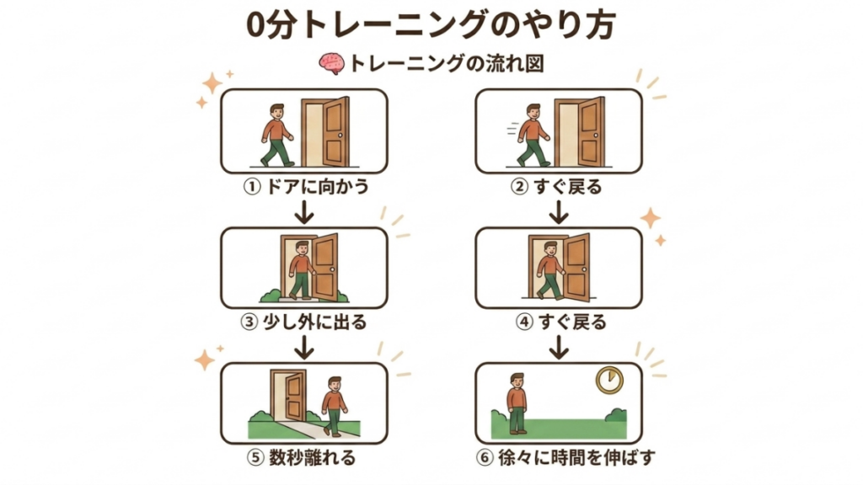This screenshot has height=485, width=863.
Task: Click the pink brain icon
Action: (x=331, y=64)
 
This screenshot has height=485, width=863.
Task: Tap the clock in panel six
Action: (x=610, y=380)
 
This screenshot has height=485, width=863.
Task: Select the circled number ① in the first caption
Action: (x=251, y=187)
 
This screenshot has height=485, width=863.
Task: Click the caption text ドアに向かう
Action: (x=317, y=187)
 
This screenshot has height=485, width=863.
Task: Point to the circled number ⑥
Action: (x=485, y=457)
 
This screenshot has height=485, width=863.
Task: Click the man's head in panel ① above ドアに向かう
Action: (x=276, y=112)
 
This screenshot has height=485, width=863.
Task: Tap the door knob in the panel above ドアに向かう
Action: (x=340, y=136)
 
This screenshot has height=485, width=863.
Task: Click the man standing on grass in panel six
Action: (x=517, y=403)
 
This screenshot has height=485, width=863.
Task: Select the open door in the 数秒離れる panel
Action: (x=288, y=396)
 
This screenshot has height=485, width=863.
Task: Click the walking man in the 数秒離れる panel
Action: (x=334, y=407)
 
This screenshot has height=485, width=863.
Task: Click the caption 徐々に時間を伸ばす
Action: (x=576, y=457)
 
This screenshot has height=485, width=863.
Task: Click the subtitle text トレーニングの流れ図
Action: (x=447, y=64)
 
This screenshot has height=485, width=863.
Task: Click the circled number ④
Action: (x=524, y=322)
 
